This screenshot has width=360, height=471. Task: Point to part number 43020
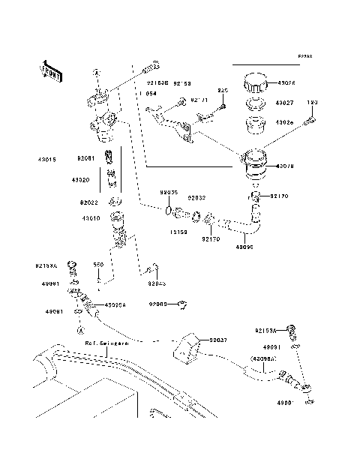click(x=81, y=180)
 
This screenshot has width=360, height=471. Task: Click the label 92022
click(x=89, y=202)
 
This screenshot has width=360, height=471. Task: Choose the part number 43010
click(x=82, y=218)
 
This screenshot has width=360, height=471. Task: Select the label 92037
click(x=218, y=340)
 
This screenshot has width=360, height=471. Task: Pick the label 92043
click(x=156, y=283)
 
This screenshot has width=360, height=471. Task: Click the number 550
click(x=97, y=265)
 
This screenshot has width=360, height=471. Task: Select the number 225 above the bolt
click(x=222, y=91)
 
